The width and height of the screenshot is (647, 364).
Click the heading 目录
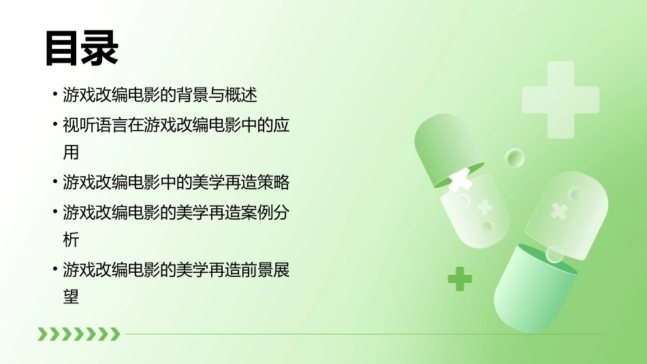point(82,48)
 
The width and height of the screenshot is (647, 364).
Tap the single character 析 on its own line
point(71,239)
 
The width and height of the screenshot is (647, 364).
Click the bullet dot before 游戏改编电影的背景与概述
point(54,95)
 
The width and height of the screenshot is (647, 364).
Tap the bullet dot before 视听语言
point(54,126)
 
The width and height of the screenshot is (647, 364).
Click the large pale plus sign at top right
point(561,99)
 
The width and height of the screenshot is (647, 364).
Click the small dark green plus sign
point(460,278)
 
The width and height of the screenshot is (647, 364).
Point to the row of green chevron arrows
point(78,333)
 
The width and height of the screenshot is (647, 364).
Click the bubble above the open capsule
point(515,159)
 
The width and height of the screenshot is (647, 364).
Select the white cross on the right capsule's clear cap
point(558,211)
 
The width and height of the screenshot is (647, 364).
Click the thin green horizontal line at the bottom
point(361,334)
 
